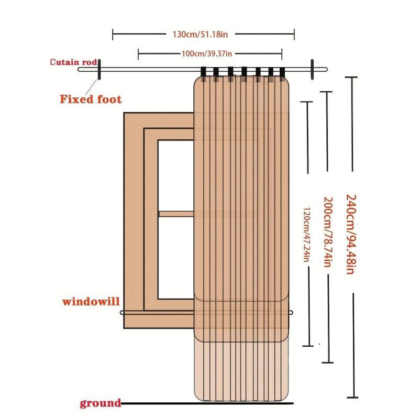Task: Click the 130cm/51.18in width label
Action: click(x=200, y=35)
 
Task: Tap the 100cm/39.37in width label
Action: click(x=207, y=54)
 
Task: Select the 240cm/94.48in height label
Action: click(x=351, y=234)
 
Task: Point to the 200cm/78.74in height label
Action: click(x=328, y=232)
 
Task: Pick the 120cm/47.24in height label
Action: click(x=306, y=234)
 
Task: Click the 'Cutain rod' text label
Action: click(x=73, y=62)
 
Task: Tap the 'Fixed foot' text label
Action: click(x=91, y=99)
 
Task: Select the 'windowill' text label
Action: click(x=91, y=302)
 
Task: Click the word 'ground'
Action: click(x=100, y=403)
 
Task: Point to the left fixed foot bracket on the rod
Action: click(x=99, y=70)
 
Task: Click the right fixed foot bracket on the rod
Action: click(x=312, y=70)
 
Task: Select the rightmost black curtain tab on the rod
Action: click(x=282, y=73)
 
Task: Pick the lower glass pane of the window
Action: click(x=176, y=257)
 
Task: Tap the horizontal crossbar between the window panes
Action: click(x=177, y=214)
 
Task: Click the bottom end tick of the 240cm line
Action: click(x=352, y=398)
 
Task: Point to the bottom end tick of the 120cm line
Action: click(x=308, y=346)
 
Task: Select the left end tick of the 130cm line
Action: click(x=113, y=35)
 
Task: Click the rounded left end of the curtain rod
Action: click(x=80, y=70)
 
